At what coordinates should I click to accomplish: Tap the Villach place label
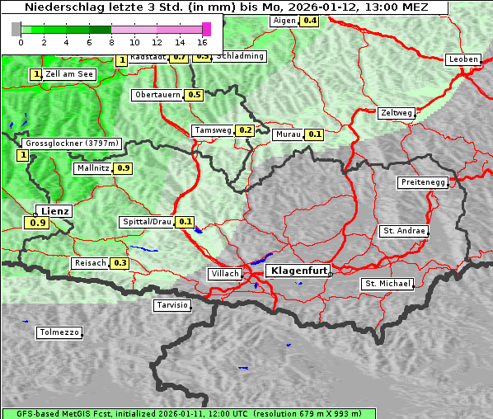pyautogui.click(x=224, y=274)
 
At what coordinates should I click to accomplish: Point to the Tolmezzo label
pyautogui.click(x=59, y=333)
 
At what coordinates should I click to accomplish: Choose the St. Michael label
pyautogui.click(x=387, y=284)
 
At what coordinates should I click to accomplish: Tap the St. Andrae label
pyautogui.click(x=403, y=231)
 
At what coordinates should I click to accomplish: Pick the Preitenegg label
pyautogui.click(x=423, y=182)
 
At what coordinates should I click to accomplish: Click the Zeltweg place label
pyautogui.click(x=396, y=113)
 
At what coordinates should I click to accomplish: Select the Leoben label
pyautogui.click(x=462, y=59)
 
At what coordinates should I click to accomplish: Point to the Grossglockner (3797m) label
pyautogui.click(x=73, y=144)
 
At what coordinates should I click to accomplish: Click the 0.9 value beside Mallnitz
pyautogui.click(x=123, y=168)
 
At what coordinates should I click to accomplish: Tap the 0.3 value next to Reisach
pyautogui.click(x=120, y=263)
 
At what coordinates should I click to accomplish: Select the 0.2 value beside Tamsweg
pyautogui.click(x=244, y=130)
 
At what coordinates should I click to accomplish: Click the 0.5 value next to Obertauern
pyautogui.click(x=194, y=95)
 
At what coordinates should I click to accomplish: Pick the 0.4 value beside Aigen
pyautogui.click(x=309, y=21)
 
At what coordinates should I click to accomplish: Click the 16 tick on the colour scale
pyautogui.click(x=202, y=41)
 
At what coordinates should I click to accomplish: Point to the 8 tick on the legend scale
pyautogui.click(x=111, y=41)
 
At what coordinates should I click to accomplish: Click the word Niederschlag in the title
pyautogui.click(x=60, y=7)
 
